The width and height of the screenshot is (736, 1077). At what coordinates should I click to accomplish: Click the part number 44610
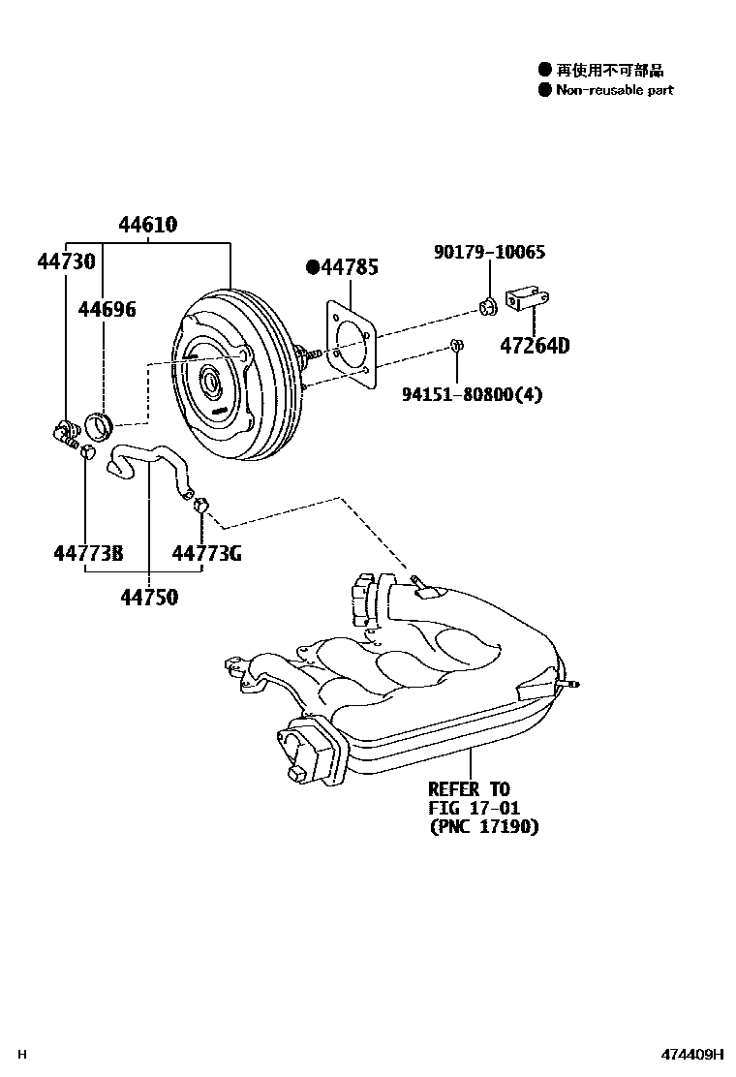[x=147, y=225]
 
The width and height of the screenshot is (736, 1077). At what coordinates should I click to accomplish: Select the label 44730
[x=66, y=261]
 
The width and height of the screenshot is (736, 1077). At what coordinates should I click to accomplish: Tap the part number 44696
[x=107, y=309]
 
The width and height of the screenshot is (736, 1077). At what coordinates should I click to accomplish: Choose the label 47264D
[x=535, y=345]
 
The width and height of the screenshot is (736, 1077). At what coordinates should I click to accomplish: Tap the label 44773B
[x=87, y=553]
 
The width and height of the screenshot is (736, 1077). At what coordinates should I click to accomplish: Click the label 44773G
[x=206, y=553]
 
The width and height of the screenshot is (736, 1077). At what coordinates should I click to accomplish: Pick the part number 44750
[x=149, y=598]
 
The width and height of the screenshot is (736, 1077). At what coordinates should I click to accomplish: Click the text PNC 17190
[x=483, y=827]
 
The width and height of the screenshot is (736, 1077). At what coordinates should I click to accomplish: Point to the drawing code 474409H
[x=692, y=1055]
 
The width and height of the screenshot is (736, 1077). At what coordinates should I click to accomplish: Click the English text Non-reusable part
[x=614, y=90]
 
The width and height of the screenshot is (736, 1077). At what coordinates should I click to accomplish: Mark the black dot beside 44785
[x=313, y=267]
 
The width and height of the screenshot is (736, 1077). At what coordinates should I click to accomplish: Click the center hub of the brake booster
[x=210, y=382]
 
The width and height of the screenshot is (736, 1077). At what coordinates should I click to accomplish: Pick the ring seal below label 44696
[x=101, y=424]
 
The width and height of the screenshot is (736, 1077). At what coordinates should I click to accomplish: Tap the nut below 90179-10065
[x=488, y=308]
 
